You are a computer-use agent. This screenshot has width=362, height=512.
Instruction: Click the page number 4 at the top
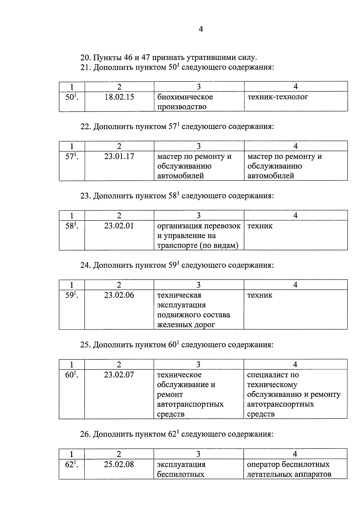pos(201,29)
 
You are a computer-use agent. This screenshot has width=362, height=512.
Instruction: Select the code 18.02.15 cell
pos(119,97)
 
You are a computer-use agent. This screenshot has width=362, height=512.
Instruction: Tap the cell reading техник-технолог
pos(278,97)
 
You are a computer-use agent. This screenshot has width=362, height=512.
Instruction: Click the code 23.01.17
pos(119,157)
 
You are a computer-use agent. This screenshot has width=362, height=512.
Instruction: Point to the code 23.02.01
pos(119,226)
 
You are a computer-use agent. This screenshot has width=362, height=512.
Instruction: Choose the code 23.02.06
pos(119,295)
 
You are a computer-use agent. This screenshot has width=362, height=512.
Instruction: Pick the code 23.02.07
pos(119,375)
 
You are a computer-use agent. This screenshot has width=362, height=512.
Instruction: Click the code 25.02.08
pos(119,464)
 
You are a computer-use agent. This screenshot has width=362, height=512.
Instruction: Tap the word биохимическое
pos(185,97)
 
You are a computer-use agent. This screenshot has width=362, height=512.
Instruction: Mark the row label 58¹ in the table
pos(71,226)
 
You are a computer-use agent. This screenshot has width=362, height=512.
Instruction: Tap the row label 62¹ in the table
pos(71,464)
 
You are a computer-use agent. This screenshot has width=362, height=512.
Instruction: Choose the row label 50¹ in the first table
pos(71,97)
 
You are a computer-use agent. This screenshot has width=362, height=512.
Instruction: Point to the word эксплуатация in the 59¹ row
pos(181,305)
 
